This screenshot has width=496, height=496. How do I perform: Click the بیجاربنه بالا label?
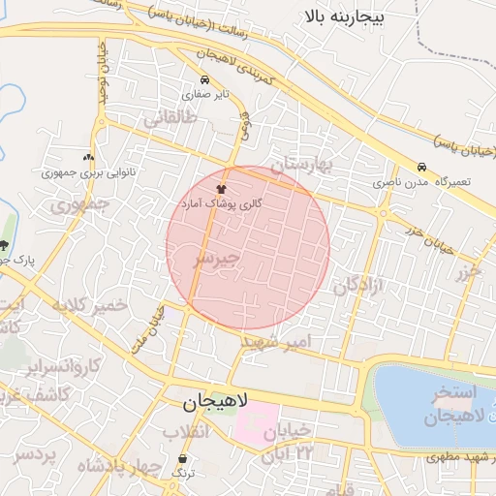pyautogui.click(x=343, y=16)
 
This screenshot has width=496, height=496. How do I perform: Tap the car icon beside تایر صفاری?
pyautogui.click(x=203, y=80)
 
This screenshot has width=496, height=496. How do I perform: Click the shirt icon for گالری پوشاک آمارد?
pyautogui.click(x=223, y=191)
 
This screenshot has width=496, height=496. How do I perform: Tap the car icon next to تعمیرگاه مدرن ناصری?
pyautogui.click(x=421, y=167)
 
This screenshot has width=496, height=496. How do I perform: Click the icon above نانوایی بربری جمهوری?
pyautogui.click(x=89, y=157)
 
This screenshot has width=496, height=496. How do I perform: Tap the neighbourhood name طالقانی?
pyautogui.click(x=171, y=119)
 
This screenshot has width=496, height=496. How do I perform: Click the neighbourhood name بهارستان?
pyautogui.click(x=301, y=165)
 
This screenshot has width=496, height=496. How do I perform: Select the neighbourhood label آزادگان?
pyautogui.click(x=359, y=285)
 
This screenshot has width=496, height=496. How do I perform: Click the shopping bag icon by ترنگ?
pyautogui.click(x=183, y=458)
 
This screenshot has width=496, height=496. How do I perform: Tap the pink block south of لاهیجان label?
pyautogui.click(x=254, y=425)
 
